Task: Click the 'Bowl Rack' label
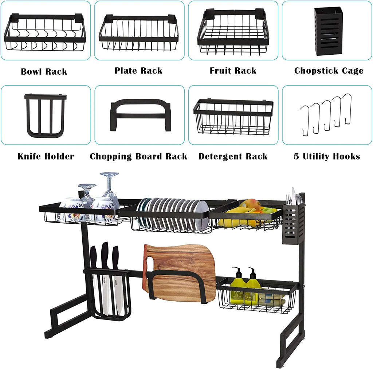[44, 72]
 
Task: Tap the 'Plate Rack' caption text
[138, 71]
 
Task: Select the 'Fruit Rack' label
[233, 71]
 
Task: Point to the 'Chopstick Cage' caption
[329, 71]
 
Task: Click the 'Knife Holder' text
[46, 156]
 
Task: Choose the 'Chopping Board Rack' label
[138, 157]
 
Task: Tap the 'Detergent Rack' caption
[233, 157]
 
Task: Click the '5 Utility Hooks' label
[327, 156]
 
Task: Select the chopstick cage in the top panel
[328, 31]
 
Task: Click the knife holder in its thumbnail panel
[45, 115]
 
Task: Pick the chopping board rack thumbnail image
[140, 115]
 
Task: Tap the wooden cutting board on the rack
[180, 274]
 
